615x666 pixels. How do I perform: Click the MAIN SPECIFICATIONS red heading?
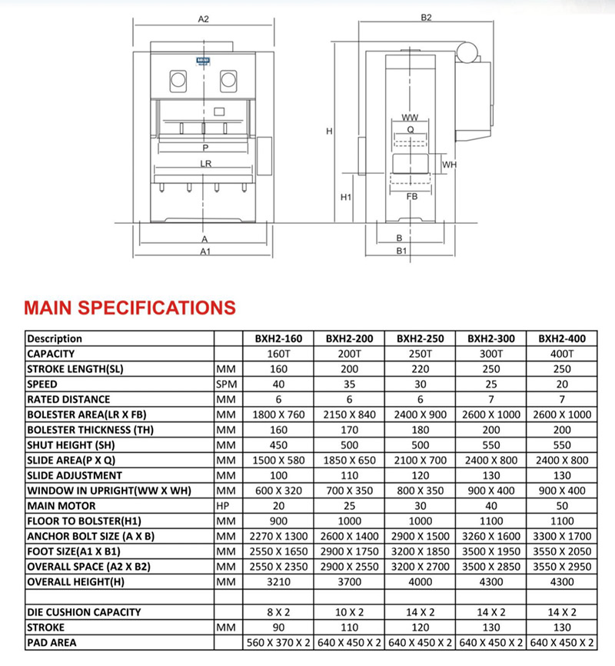[x=130, y=308]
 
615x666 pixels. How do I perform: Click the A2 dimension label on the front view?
[x=204, y=19]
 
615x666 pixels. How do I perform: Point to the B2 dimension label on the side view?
[x=427, y=17]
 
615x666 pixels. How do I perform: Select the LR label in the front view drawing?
[x=205, y=164]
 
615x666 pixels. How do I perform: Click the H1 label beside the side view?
[x=346, y=198]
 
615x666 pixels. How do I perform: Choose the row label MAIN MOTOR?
[x=61, y=505]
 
